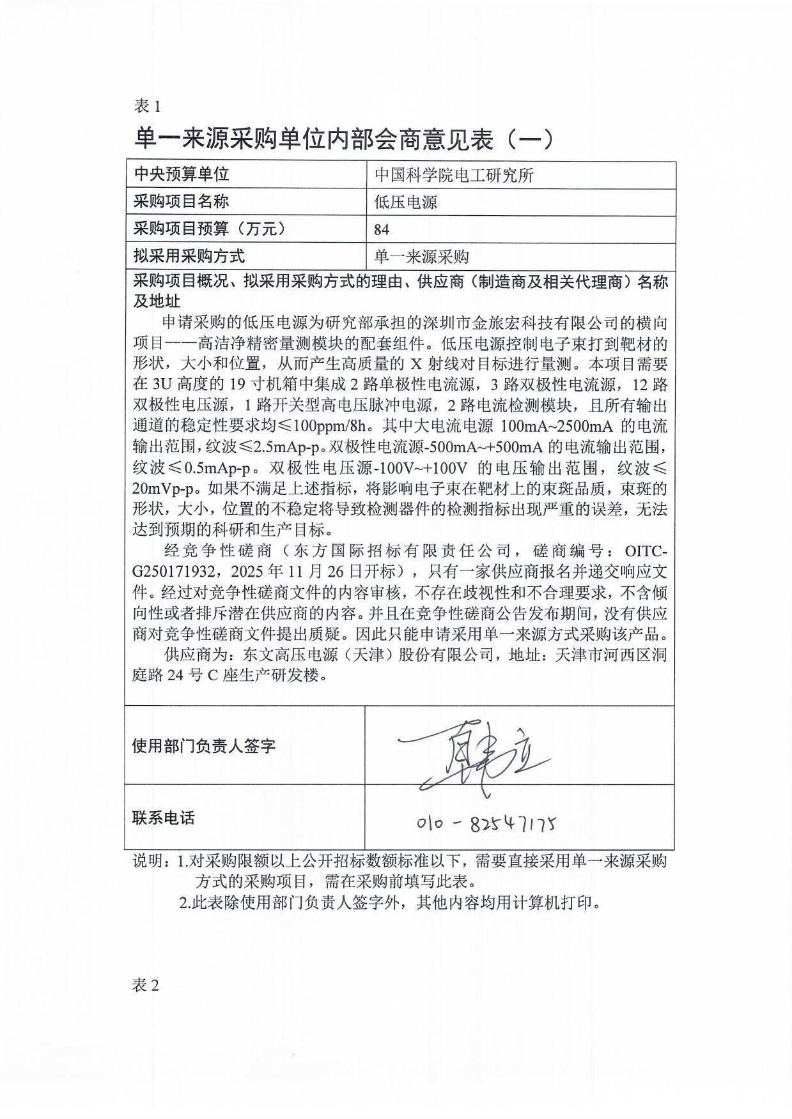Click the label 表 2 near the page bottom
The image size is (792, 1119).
click(146, 986)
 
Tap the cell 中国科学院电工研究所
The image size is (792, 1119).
click(454, 175)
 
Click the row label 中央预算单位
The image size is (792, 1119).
click(181, 174)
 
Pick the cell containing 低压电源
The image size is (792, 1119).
click(406, 202)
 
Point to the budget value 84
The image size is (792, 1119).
click(382, 230)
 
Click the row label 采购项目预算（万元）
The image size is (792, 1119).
click(208, 229)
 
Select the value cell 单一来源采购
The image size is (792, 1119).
click(421, 257)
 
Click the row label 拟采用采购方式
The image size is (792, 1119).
click(189, 257)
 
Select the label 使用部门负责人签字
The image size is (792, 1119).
click(204, 745)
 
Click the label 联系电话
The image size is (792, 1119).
click(163, 818)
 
